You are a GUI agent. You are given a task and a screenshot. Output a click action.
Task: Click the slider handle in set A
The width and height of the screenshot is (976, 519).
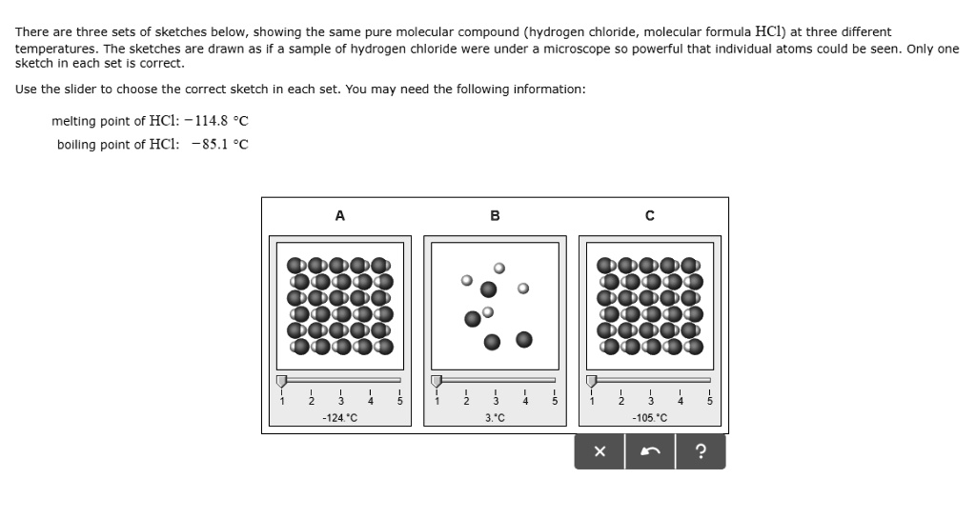[x=281, y=381]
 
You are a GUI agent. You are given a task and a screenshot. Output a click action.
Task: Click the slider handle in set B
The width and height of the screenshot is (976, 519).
[x=437, y=381]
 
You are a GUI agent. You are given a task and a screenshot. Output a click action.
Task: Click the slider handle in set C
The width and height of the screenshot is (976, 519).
[x=592, y=381]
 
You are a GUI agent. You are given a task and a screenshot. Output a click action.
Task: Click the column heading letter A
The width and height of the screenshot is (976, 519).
[x=340, y=216]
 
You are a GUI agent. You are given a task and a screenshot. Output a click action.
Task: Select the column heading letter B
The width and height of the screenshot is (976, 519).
[x=495, y=216]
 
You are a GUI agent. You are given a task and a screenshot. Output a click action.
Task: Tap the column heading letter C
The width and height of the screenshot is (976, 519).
[x=650, y=216]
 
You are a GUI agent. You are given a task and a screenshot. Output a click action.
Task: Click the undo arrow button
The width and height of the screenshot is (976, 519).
[x=650, y=452]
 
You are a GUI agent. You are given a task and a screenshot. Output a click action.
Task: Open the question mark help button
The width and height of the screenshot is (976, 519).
[x=701, y=452]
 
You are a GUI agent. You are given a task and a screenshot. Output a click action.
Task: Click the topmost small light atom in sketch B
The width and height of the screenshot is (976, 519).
[x=498, y=269]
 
